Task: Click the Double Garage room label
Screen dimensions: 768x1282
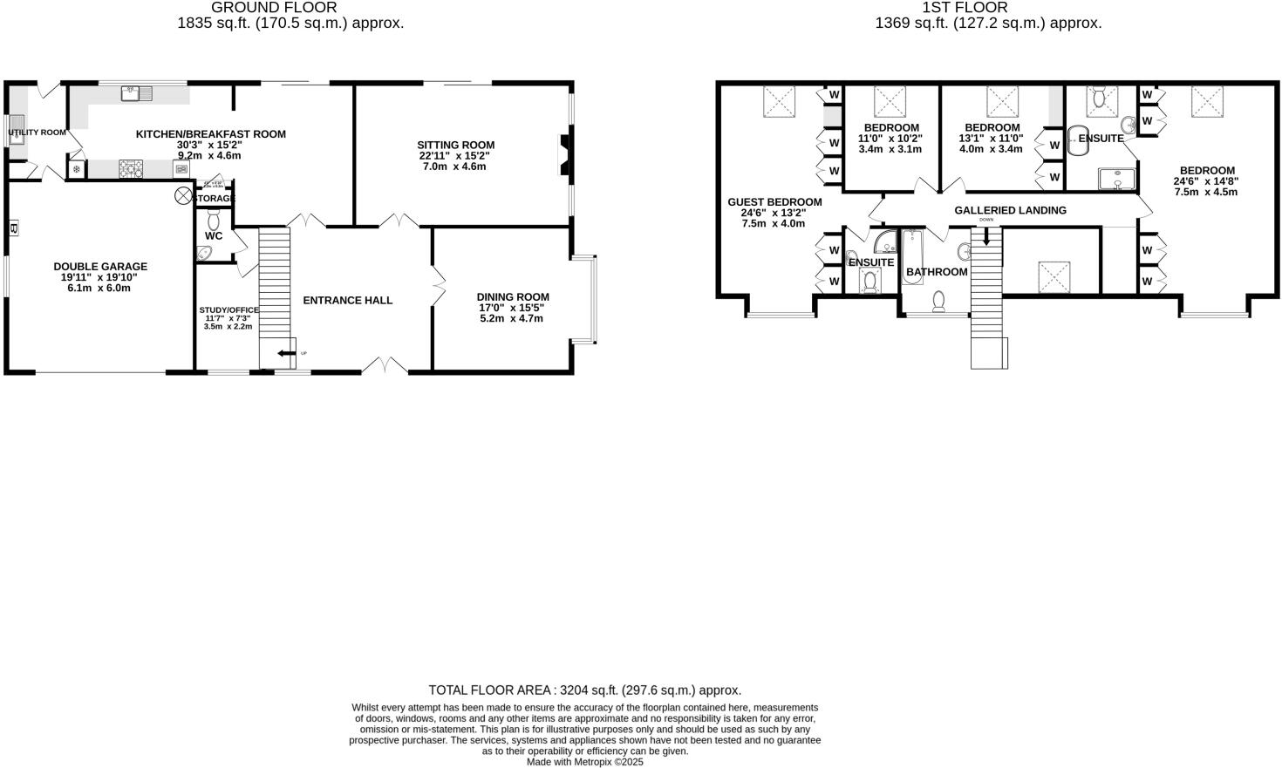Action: point(100,267)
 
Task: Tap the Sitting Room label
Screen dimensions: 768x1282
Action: point(455,146)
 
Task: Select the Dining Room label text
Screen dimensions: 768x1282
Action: point(514,297)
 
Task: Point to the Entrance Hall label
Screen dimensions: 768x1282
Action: point(347,301)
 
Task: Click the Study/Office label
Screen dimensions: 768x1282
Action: point(228,310)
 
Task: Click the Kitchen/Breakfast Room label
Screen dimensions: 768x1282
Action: point(210,134)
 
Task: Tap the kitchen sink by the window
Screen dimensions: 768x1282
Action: point(137,92)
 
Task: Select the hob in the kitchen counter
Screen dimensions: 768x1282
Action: point(130,169)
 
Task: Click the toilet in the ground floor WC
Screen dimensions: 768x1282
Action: point(214,218)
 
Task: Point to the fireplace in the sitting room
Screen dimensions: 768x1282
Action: point(565,155)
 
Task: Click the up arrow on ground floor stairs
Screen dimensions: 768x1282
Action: point(285,353)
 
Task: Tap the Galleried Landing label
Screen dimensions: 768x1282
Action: point(1010,210)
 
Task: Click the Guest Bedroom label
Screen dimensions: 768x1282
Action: point(774,202)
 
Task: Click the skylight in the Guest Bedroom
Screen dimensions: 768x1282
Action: point(779,101)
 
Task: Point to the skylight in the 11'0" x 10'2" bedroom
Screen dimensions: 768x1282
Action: point(891,101)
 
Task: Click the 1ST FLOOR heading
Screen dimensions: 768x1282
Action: point(988,8)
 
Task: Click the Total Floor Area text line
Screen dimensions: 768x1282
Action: point(584,690)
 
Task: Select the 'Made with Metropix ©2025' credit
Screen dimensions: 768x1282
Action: point(584,761)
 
